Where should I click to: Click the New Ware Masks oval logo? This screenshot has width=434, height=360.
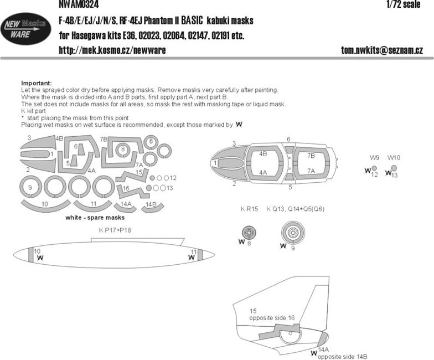point(25,29)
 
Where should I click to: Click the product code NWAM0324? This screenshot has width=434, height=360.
point(79,4)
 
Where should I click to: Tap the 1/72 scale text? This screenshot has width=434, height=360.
point(403,4)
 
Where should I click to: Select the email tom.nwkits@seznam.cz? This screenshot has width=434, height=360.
point(382,50)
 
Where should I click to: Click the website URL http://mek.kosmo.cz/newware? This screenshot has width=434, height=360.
point(112,50)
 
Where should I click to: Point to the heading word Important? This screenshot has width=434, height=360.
point(37,83)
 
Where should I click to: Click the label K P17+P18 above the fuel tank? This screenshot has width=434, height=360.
point(115,230)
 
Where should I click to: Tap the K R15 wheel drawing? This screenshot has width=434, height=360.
point(249,233)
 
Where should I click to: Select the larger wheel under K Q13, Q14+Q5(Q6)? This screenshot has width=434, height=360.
point(293,233)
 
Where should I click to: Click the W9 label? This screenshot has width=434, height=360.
point(374,157)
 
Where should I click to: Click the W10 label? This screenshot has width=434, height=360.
point(394,157)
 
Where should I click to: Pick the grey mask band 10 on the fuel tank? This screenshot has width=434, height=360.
point(31,255)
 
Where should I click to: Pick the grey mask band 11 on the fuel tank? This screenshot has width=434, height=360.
point(200,255)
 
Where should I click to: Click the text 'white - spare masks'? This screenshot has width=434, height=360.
point(95,218)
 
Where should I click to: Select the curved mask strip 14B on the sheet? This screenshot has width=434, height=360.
point(153,209)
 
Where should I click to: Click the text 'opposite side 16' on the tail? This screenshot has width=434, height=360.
point(272,318)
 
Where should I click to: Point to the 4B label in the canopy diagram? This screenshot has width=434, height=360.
point(263,154)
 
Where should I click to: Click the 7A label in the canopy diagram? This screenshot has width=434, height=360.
point(311,171)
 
